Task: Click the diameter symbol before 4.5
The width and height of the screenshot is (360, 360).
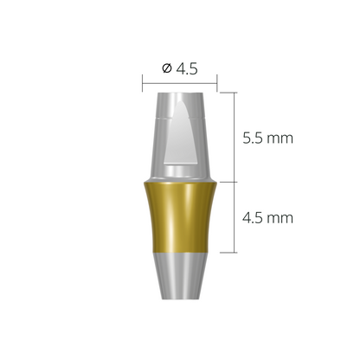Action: tap(166, 69)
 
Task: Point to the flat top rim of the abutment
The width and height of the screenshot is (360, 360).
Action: tap(180, 92)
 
